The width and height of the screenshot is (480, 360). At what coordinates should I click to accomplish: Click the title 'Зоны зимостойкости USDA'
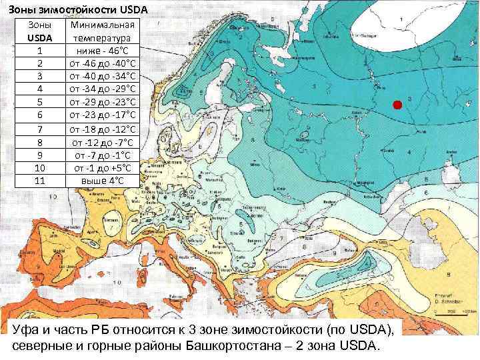coord(79,9)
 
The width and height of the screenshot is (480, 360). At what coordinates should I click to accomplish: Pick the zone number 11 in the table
coord(40,181)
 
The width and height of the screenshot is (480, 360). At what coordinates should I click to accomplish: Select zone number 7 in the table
coord(40,129)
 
